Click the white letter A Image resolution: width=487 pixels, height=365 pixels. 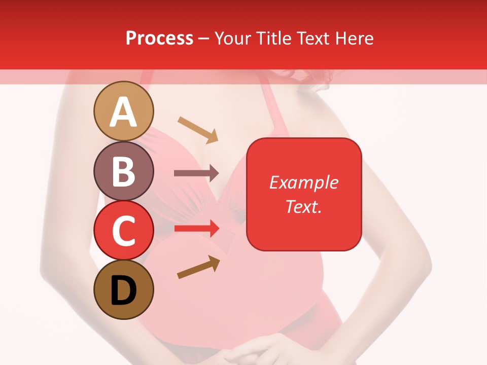point(124,112)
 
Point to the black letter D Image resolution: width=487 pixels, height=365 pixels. point(124,290)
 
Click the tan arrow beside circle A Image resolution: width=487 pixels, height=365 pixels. point(198,129)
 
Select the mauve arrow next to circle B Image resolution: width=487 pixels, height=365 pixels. point(196,173)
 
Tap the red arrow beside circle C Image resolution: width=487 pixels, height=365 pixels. point(197,228)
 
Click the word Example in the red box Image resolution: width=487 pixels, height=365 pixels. point(304,182)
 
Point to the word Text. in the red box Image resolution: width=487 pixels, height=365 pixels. point(304,206)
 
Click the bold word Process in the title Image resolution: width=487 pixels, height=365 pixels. point(159,38)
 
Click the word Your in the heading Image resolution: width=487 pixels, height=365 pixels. point(232,38)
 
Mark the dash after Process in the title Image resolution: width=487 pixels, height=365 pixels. point(204,39)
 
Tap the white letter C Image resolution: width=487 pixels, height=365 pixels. point(124,231)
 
